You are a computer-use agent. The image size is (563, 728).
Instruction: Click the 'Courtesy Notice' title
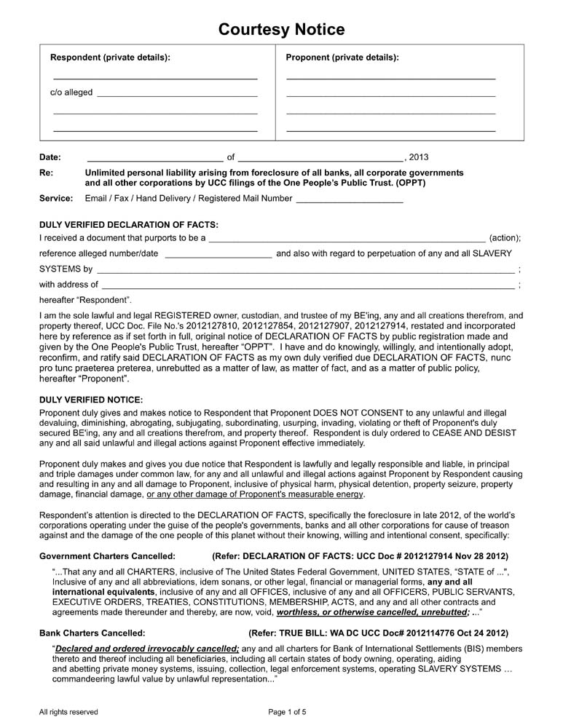click(x=281, y=29)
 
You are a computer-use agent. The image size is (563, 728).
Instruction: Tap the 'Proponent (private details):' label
click(x=342, y=58)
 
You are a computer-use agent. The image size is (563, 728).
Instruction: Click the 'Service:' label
click(x=55, y=198)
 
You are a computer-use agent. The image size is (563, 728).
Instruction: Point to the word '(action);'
click(x=505, y=238)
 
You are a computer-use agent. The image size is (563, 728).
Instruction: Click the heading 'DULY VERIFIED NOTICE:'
click(x=91, y=400)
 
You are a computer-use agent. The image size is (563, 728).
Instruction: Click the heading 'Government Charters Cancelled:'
click(x=107, y=555)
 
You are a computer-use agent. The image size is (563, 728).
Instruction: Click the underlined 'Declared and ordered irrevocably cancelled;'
click(x=146, y=648)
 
